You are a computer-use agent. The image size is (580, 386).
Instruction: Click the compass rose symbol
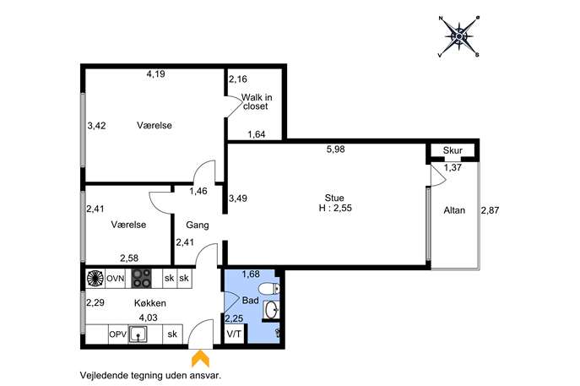point(458,36)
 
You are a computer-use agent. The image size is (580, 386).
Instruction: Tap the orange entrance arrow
point(200,358)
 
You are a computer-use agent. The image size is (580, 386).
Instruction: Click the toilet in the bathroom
point(268,288)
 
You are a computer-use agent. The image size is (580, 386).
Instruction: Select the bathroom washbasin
point(272,309)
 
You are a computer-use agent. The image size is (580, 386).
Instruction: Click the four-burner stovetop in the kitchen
point(141,278)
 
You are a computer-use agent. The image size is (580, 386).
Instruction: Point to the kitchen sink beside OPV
point(138,334)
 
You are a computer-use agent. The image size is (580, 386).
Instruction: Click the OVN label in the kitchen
point(116,278)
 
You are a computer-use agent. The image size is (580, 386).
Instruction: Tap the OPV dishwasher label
point(118,334)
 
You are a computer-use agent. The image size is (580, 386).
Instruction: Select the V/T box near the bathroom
point(234,334)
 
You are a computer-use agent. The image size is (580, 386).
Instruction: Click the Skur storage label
point(453,150)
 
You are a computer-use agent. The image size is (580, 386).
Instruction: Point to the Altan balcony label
point(454,210)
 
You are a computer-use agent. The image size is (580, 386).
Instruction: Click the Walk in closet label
point(257,101)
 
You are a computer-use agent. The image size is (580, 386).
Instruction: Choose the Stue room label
point(334,198)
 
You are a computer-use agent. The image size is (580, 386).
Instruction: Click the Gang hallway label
point(198,225)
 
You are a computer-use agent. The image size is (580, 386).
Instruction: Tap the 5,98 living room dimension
point(335,150)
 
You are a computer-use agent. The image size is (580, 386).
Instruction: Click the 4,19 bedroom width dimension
point(155,74)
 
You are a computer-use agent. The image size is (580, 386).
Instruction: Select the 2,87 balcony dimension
point(490,210)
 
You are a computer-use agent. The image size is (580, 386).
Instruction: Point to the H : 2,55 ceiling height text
point(335,208)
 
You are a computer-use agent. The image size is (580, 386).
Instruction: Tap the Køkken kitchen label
point(149,303)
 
